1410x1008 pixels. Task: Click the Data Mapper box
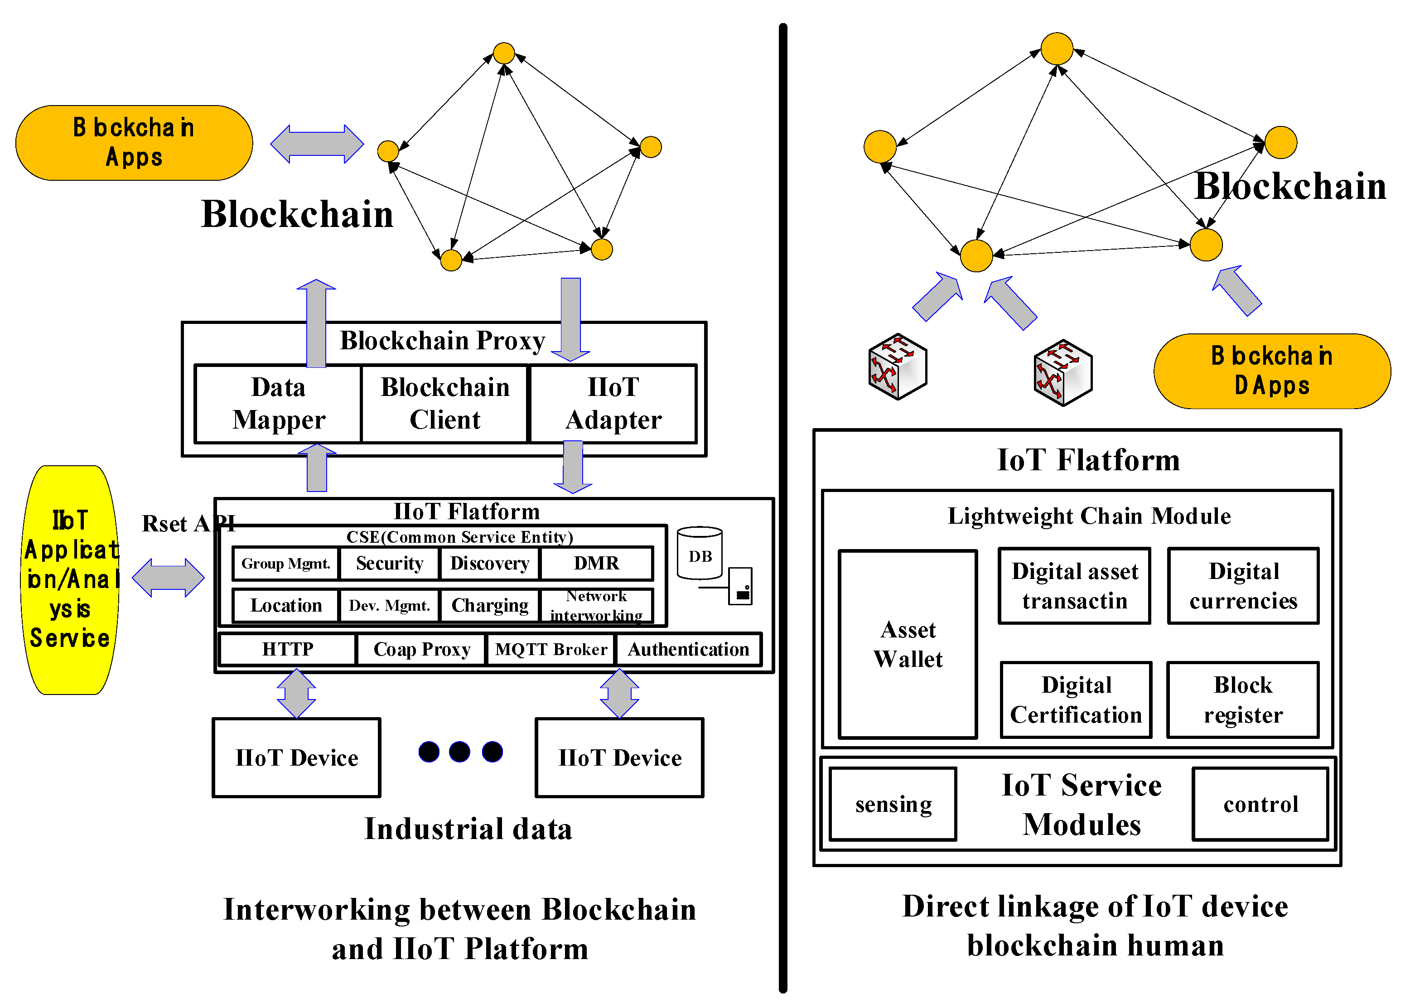(x=278, y=404)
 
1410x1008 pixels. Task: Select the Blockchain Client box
(x=444, y=404)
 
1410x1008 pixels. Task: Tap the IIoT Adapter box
(x=613, y=404)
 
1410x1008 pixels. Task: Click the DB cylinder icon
(x=700, y=554)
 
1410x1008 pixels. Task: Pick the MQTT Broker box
(x=550, y=649)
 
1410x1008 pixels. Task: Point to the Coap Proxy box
(x=421, y=649)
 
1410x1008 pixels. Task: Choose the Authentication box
(x=688, y=649)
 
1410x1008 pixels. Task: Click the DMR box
(x=596, y=563)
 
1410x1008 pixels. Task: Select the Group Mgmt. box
(x=285, y=563)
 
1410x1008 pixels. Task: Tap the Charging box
(x=490, y=605)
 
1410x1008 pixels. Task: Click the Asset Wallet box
(x=908, y=644)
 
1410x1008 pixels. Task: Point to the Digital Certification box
(x=1076, y=699)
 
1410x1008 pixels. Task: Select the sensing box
(x=893, y=805)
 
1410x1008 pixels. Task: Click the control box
(x=1260, y=805)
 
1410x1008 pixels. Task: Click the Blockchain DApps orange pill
(x=1272, y=371)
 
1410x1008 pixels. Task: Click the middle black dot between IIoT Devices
(x=459, y=752)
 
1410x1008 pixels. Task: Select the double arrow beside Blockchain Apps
(x=317, y=144)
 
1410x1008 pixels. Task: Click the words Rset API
(x=188, y=524)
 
